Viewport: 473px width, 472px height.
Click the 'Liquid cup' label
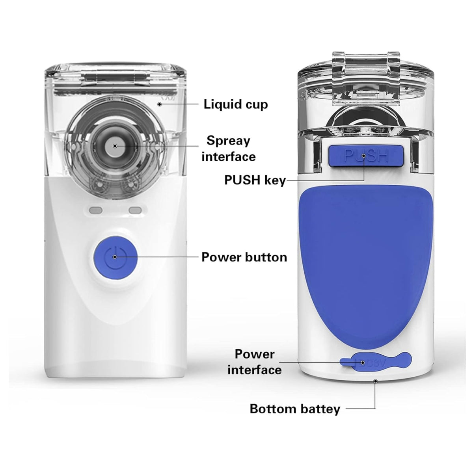pos(236,104)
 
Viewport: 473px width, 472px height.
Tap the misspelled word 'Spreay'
pos(228,141)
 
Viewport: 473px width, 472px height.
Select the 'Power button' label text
pos(244,257)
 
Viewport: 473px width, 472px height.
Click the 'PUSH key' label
pos(255,180)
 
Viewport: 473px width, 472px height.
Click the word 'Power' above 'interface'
pos(255,355)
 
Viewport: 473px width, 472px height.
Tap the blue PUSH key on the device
pos(365,156)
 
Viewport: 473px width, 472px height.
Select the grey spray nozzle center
pos(115,146)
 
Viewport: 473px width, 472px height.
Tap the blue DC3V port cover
pos(375,361)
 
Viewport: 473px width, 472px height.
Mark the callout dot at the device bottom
pos(375,381)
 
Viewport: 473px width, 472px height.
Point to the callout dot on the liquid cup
pos(159,104)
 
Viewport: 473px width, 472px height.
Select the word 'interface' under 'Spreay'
pos(229,157)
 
